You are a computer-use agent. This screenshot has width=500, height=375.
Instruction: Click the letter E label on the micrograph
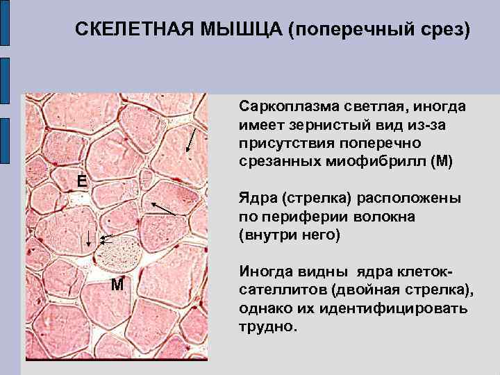(82, 181)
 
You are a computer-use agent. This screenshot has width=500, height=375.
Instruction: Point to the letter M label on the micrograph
(117, 285)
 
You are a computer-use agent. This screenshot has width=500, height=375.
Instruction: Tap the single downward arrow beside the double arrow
(89, 240)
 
